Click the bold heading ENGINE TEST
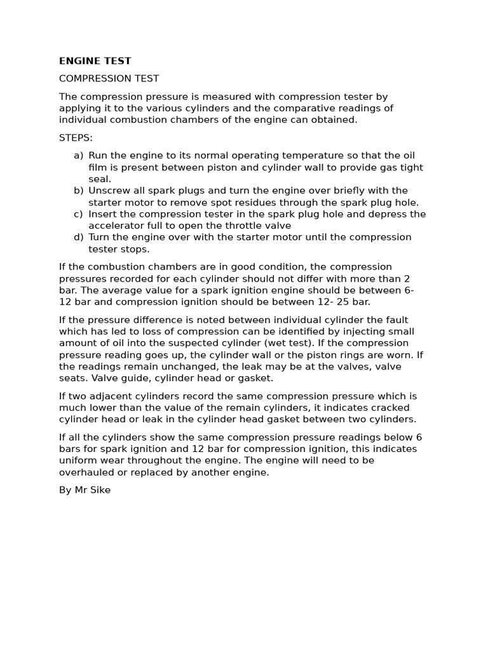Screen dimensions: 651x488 (x=95, y=61)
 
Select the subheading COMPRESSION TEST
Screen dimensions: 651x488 (x=109, y=79)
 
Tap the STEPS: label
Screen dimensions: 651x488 (x=76, y=137)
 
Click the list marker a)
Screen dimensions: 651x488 (x=78, y=156)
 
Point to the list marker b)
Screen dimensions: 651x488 (x=78, y=191)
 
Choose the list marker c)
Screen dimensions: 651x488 (x=78, y=214)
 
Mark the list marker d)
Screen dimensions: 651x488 (x=78, y=237)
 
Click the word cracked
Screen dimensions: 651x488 (x=387, y=408)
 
